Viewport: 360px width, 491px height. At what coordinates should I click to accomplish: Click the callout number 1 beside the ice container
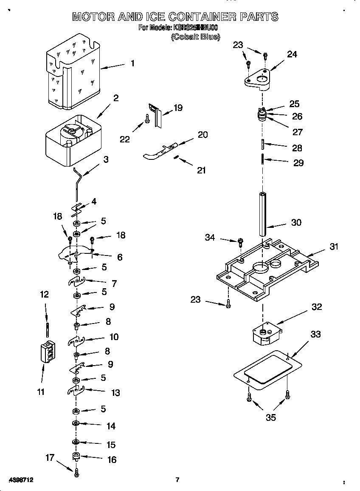coord(132,63)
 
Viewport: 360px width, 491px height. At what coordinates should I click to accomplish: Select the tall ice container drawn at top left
coord(73,72)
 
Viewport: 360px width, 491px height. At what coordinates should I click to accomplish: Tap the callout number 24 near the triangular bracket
coord(292,54)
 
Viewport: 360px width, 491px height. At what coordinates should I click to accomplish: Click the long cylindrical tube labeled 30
coord(262,214)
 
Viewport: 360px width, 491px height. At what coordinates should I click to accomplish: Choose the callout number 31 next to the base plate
coord(334,246)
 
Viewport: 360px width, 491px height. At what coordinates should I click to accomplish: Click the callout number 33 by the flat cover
coord(315,334)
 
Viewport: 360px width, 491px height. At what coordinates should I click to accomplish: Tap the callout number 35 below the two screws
coord(270,417)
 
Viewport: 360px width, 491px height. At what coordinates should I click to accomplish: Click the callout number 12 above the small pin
coord(44,294)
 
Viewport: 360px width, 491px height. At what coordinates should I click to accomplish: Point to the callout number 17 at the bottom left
coord(50,457)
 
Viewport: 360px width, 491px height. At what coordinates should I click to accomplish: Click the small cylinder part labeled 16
coord(76,457)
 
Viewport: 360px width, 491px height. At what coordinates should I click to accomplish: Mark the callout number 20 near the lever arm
coord(202,134)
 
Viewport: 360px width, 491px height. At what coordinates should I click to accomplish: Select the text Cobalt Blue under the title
coord(195,37)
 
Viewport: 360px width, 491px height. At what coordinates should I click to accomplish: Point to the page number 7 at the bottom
coord(177,480)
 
